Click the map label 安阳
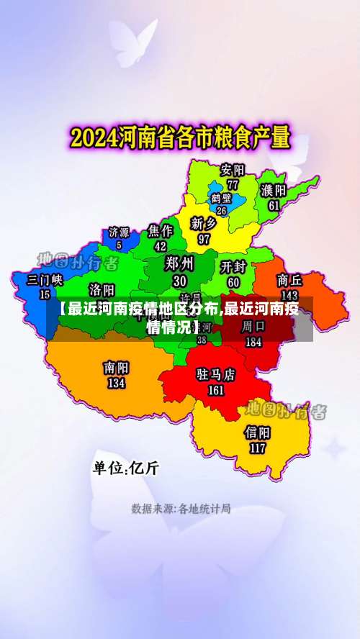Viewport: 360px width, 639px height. (x=233, y=170)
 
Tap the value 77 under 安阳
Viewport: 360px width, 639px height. (x=233, y=184)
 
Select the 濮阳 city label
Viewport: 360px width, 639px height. (x=274, y=190)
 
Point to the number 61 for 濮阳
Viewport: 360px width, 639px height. (x=274, y=205)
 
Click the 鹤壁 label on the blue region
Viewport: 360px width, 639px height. (x=221, y=197)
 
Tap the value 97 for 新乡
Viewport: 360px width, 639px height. (x=204, y=239)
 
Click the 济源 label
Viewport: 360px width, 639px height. (x=119, y=232)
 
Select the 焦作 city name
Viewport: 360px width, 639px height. (x=161, y=231)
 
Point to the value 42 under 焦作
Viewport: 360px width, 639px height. (x=161, y=246)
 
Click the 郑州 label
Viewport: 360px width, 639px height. (x=179, y=263)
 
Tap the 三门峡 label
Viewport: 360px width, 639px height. (x=45, y=279)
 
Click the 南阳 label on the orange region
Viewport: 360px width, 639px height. (x=116, y=368)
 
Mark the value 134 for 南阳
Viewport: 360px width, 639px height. (x=116, y=384)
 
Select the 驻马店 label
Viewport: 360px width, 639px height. (x=216, y=375)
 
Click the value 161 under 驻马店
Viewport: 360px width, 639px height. (x=216, y=391)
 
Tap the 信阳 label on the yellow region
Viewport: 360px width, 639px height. (x=257, y=432)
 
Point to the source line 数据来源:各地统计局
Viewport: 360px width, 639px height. (x=181, y=509)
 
